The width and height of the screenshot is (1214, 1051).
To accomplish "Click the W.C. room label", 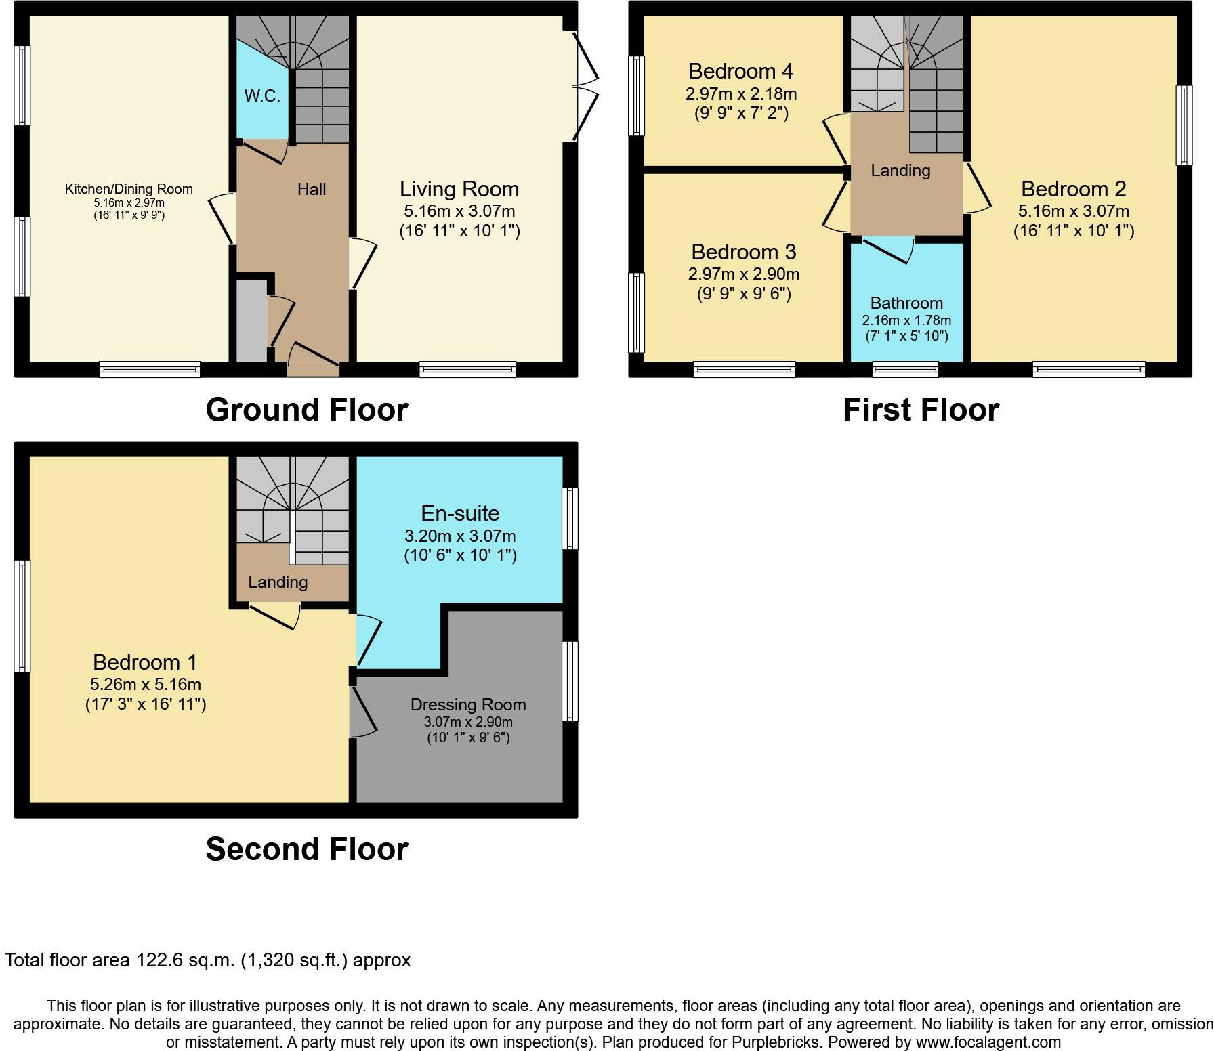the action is point(262,95).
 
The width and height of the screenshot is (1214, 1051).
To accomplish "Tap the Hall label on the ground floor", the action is point(312,189).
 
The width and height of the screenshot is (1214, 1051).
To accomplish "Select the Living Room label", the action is point(459,189).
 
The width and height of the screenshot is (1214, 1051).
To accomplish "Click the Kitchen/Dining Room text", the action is point(129,189).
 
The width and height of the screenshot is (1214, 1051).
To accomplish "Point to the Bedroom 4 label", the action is point(741,71).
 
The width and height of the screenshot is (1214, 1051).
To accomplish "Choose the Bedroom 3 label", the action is point(743,252).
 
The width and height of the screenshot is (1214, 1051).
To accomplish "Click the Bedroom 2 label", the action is point(1073,189).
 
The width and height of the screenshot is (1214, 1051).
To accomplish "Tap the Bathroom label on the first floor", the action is point(906,303).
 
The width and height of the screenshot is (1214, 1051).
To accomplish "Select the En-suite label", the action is point(460,513).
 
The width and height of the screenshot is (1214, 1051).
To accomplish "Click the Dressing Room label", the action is point(468,705).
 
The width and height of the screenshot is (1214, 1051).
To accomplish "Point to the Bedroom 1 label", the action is point(145,662).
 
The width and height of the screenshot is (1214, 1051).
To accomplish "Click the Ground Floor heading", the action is point(307,410).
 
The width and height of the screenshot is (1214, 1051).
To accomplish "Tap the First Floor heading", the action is point(921,410).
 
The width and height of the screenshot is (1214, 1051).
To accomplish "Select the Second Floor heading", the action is point(307,849).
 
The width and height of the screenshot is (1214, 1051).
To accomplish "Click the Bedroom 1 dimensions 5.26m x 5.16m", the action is point(146,684).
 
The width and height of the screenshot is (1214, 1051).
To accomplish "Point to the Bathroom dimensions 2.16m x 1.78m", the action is point(906,320).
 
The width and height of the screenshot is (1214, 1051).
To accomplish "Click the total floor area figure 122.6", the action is point(161,960).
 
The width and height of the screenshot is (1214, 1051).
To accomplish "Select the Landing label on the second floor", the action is point(278,582).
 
